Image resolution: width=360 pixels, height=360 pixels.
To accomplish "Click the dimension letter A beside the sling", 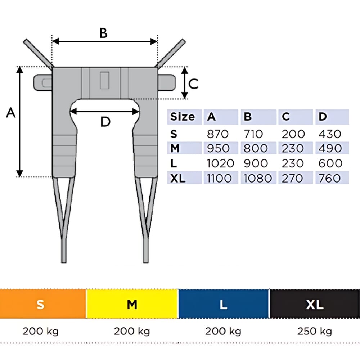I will coord(11,113).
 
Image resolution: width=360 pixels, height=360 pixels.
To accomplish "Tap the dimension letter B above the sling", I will coord(103,33).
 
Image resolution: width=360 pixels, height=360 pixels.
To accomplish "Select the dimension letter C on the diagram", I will coord(193,84).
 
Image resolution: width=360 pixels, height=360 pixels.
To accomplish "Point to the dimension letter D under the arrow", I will coord(105,122).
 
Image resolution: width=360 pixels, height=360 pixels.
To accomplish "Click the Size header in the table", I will coord(183,117).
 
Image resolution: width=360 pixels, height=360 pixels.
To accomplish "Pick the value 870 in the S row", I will coord(217,134).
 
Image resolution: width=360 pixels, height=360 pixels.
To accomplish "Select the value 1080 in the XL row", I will coord(256,178).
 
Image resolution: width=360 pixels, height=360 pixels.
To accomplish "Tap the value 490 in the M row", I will coord(330,148).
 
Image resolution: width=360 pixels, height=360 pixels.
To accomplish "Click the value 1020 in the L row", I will coord(220,163).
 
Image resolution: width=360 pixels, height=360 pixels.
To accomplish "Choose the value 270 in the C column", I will coord(292,178).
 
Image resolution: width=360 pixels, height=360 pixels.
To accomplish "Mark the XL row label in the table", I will coord(177,178).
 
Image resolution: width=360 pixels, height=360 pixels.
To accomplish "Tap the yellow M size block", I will coord(132,304).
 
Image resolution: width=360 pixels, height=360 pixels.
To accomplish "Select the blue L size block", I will coord(224,304).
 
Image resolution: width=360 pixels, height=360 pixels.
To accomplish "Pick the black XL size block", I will coord(315,304).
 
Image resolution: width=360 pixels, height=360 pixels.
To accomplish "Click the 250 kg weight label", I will coord(315,331).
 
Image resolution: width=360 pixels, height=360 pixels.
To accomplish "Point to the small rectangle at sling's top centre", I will coord(104,80).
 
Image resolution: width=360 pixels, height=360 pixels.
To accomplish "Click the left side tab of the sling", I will coord(42,82).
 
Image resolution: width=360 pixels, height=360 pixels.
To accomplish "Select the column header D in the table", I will coord(323,117).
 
